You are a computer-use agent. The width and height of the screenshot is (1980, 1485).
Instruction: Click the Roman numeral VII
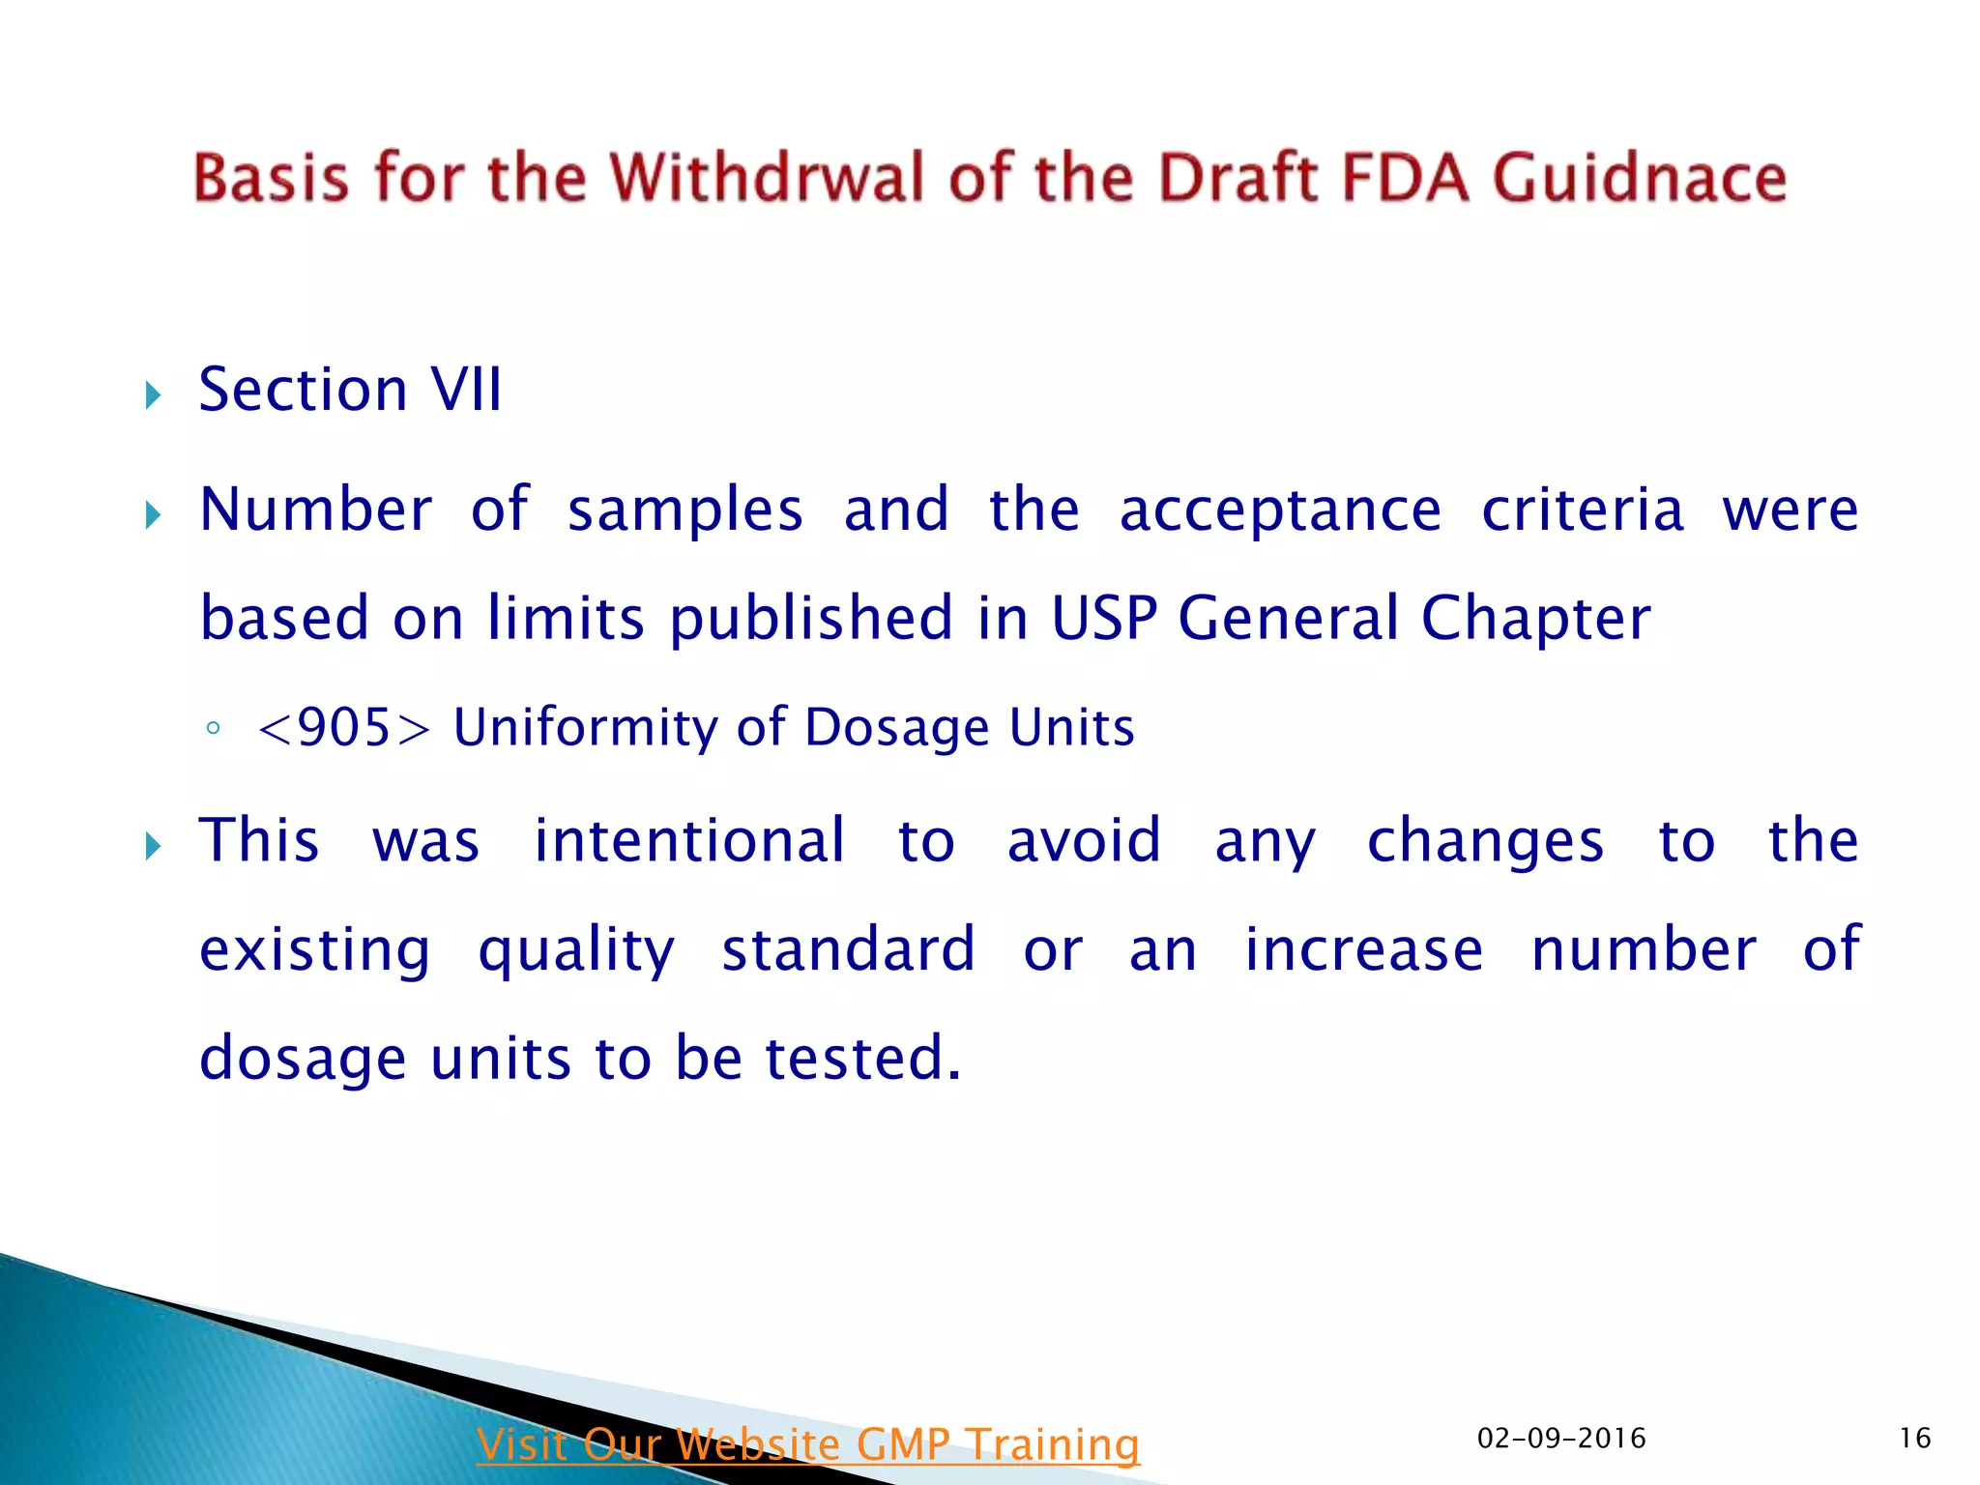(466, 390)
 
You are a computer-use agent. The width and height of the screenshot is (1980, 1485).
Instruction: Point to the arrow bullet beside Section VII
(153, 394)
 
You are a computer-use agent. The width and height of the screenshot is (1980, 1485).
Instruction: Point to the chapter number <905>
(343, 727)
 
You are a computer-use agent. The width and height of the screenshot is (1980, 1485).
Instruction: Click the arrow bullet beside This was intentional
(153, 848)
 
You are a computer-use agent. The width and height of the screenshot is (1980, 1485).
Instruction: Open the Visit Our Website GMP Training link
(808, 1444)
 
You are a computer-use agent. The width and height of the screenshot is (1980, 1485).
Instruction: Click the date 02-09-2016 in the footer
(1561, 1439)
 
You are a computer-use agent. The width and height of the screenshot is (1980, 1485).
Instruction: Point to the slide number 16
(1914, 1439)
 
